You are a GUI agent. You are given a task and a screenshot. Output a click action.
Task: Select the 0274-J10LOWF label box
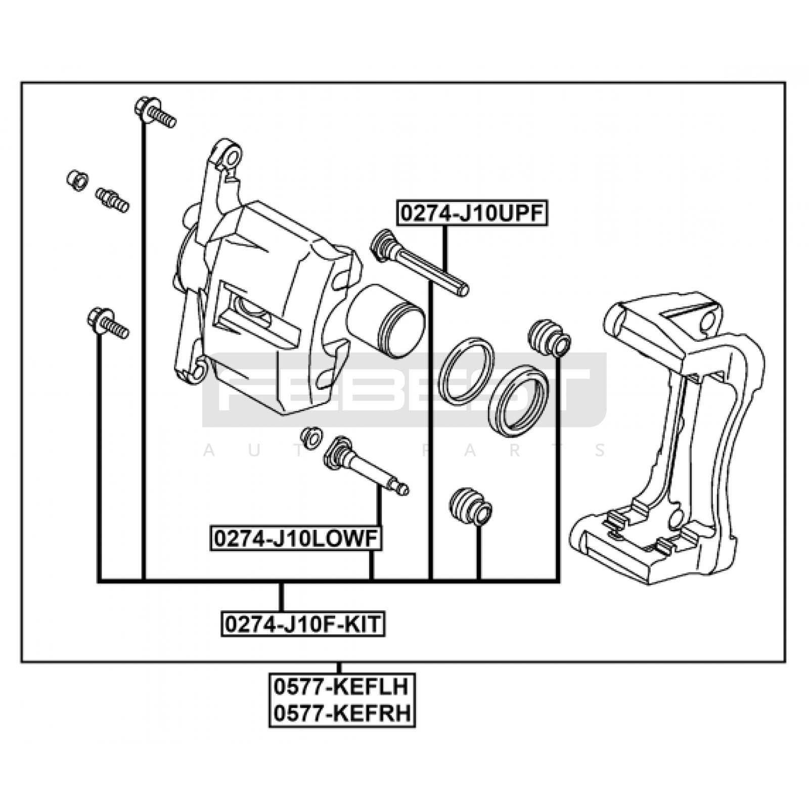[296, 539]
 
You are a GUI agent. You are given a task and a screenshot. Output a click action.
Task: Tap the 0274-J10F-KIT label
[303, 624]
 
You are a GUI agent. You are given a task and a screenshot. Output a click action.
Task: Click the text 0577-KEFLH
[341, 687]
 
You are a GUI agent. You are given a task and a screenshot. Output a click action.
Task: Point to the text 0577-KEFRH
[341, 714]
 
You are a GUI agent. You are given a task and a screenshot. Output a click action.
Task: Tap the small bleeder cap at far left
[77, 179]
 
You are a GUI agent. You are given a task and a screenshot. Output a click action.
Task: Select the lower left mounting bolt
[107, 323]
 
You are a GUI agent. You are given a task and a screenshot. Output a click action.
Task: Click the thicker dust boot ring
[519, 400]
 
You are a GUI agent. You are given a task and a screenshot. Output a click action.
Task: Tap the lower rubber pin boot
[470, 506]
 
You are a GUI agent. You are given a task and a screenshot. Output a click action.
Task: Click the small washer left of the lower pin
[310, 436]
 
